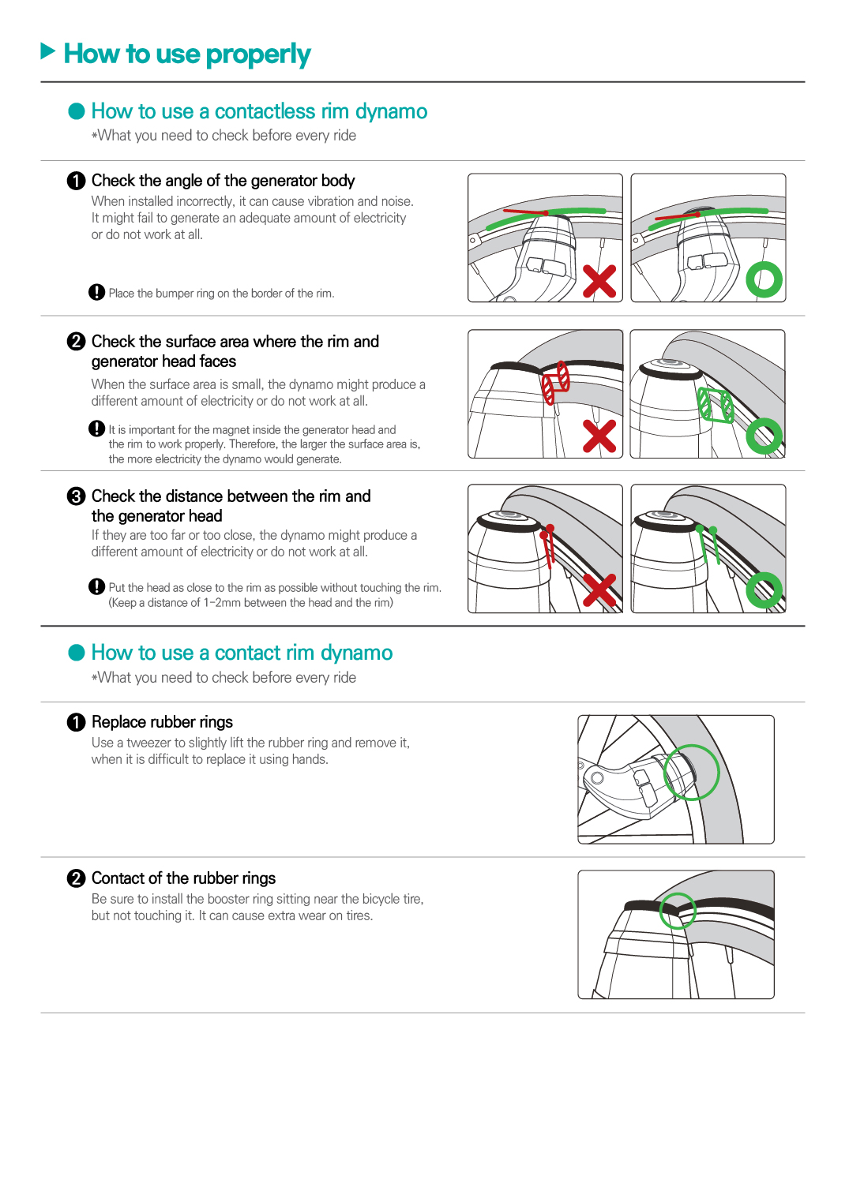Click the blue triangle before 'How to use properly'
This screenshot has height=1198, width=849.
(47, 52)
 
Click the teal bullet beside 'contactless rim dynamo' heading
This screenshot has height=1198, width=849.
(77, 111)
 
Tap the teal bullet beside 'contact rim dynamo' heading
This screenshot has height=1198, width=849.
(77, 653)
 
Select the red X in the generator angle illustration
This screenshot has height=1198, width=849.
(599, 282)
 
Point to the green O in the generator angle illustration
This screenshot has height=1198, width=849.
(764, 279)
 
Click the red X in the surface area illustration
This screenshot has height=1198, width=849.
(599, 436)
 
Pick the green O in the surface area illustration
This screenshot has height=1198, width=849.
(764, 436)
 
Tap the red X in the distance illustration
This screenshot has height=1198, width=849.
(599, 590)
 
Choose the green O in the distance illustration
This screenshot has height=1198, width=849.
(764, 590)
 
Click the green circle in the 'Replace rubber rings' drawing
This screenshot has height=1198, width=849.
(691, 773)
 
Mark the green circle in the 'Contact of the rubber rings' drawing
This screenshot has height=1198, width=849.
(677, 910)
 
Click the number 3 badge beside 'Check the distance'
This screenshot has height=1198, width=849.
(77, 496)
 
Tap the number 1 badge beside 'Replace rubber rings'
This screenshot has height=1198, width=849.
(77, 722)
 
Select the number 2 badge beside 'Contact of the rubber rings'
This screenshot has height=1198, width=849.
(77, 878)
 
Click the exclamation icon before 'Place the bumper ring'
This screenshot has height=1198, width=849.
(97, 293)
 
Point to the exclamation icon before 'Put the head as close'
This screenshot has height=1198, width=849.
(97, 587)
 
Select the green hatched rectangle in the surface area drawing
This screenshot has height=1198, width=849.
(716, 405)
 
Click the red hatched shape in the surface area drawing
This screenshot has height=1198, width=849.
(555, 382)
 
